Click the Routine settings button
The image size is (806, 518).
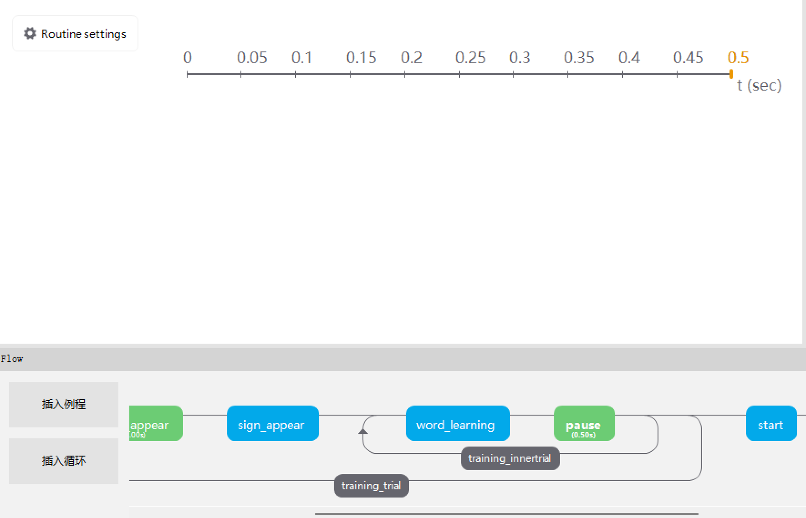pyautogui.click(x=75, y=34)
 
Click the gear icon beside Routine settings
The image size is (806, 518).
pyautogui.click(x=30, y=33)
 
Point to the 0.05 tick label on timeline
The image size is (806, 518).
pyautogui.click(x=252, y=58)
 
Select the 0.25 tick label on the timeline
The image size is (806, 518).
pyautogui.click(x=470, y=58)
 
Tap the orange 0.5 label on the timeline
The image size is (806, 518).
pyautogui.click(x=738, y=58)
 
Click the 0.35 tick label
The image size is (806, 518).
pyautogui.click(x=579, y=58)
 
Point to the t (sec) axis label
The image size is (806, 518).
pyautogui.click(x=759, y=85)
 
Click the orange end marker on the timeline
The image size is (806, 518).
pyautogui.click(x=731, y=74)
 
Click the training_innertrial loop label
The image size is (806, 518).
pyautogui.click(x=510, y=458)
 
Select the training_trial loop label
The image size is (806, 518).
pyautogui.click(x=371, y=486)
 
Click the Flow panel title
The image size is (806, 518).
pyautogui.click(x=12, y=359)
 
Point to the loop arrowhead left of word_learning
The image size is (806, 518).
pyautogui.click(x=363, y=431)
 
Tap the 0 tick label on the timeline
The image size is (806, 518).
pyautogui.click(x=187, y=58)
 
